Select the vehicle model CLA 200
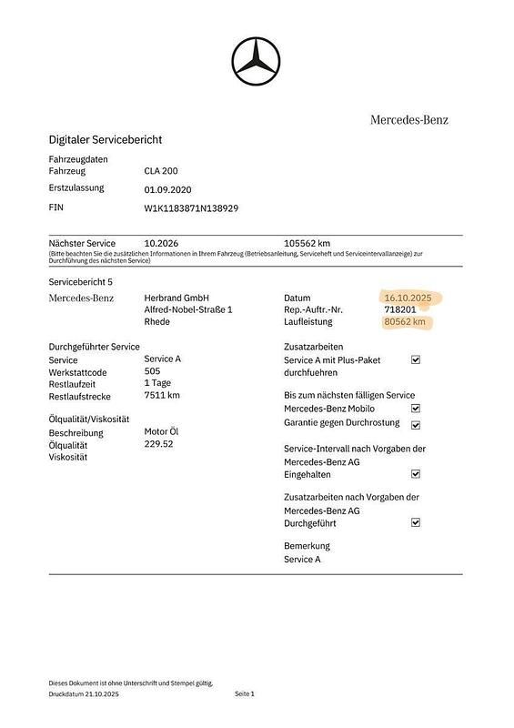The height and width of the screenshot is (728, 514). tap(162, 171)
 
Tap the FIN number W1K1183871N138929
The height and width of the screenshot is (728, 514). tap(191, 208)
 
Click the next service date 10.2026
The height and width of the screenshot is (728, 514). tap(162, 244)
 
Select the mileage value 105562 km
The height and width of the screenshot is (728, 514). tap(307, 244)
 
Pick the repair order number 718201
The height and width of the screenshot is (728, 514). tap(400, 309)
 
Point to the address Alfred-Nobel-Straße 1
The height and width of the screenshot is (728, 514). tap(188, 310)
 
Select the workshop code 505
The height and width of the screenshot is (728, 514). tap(152, 371)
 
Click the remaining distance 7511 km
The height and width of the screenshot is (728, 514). tap(162, 395)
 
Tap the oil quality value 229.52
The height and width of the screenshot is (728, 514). tap(158, 444)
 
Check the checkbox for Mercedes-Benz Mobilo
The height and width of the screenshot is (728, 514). tap(416, 409)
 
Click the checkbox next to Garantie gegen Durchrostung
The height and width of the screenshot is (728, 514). tap(416, 424)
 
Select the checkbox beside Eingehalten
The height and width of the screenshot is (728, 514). tap(416, 474)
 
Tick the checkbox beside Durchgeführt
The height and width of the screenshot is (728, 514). tap(416, 523)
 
